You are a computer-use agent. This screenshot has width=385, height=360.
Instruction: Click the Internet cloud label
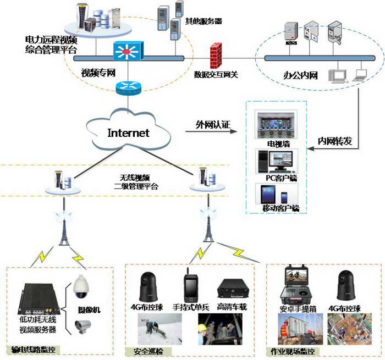coord(128,132)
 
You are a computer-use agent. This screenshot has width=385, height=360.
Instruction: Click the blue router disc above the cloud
coord(128,86)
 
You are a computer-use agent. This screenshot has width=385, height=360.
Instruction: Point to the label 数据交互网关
coord(216,74)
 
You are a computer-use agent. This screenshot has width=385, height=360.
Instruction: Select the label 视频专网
coord(98,73)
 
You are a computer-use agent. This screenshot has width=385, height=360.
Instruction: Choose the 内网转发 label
coord(334,140)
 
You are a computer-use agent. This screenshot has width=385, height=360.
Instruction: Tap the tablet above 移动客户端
coord(268,195)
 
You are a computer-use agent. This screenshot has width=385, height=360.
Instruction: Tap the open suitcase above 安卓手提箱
coord(299,283)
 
